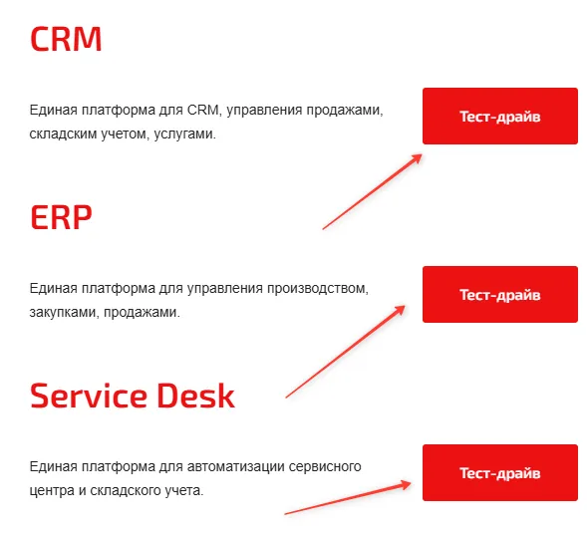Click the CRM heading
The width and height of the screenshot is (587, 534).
pos(66,39)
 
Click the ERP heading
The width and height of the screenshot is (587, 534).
pos(61,217)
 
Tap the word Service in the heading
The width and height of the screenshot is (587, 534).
pos(89,396)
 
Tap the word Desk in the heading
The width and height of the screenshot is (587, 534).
pos(195,396)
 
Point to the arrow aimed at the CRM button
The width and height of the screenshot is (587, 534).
pos(372,191)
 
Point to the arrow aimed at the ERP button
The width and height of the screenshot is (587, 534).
pos(345,352)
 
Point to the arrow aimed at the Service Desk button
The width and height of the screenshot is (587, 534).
pos(348,498)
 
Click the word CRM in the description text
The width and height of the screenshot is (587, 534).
pos(203,110)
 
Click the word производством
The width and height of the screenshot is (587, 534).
pos(317,289)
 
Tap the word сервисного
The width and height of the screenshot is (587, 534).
pos(325,466)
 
